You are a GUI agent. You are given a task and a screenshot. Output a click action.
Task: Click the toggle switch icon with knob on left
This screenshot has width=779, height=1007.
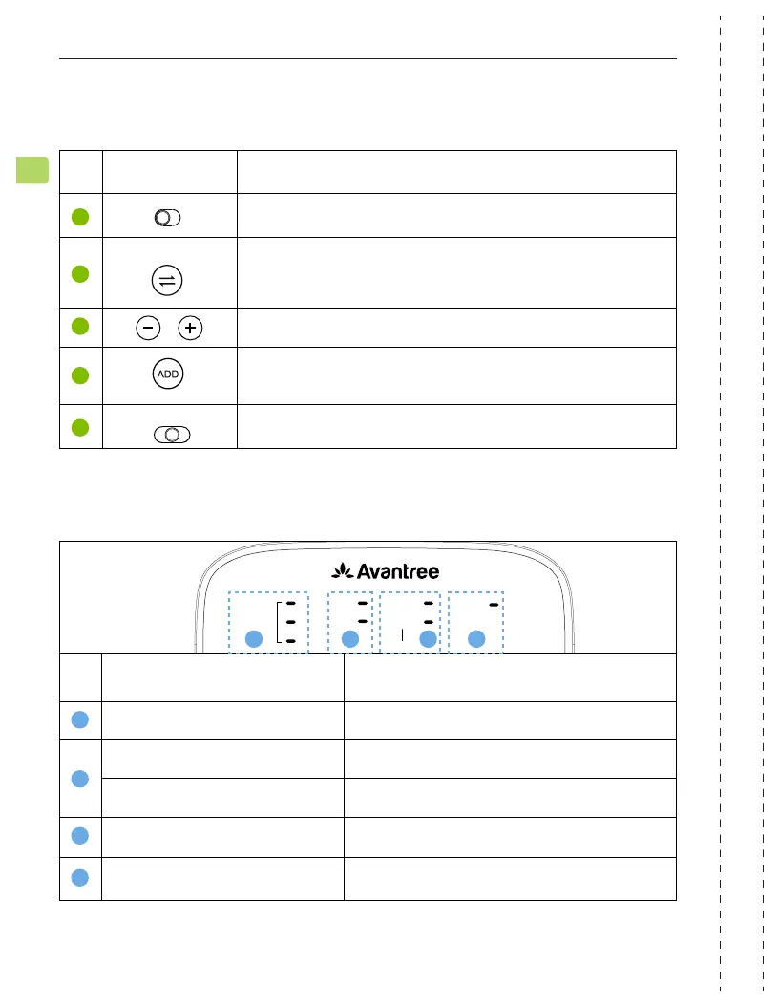tap(167, 218)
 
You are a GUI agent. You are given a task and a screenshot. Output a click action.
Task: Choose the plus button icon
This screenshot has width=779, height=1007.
tap(192, 329)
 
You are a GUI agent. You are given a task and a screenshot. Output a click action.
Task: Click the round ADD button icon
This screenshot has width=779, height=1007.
tap(167, 374)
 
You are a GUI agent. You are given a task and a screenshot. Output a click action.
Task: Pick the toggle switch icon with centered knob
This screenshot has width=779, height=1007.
tap(171, 435)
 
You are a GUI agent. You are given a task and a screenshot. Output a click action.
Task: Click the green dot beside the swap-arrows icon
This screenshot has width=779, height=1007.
tap(81, 273)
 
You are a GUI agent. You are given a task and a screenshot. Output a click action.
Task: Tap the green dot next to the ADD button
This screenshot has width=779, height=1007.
tap(81, 375)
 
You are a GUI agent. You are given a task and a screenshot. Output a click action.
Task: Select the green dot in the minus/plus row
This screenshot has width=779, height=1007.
tap(81, 327)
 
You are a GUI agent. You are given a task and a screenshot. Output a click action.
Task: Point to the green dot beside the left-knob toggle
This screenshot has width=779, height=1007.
tap(81, 217)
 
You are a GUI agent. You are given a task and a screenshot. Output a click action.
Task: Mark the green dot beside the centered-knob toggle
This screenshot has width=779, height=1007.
tap(81, 427)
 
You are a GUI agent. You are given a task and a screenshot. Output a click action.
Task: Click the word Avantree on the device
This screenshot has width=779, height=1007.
tap(400, 572)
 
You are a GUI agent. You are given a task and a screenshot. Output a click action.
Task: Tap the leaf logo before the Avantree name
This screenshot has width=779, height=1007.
tap(341, 571)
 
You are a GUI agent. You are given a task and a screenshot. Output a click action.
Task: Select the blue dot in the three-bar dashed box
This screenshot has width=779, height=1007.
tap(253, 640)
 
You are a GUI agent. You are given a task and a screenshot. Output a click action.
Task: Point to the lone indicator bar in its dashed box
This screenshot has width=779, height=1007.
tap(494, 605)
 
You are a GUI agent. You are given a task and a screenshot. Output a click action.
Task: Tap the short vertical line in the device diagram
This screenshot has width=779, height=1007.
tap(402, 634)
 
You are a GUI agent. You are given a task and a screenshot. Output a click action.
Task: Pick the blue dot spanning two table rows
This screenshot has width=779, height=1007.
tap(81, 779)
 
